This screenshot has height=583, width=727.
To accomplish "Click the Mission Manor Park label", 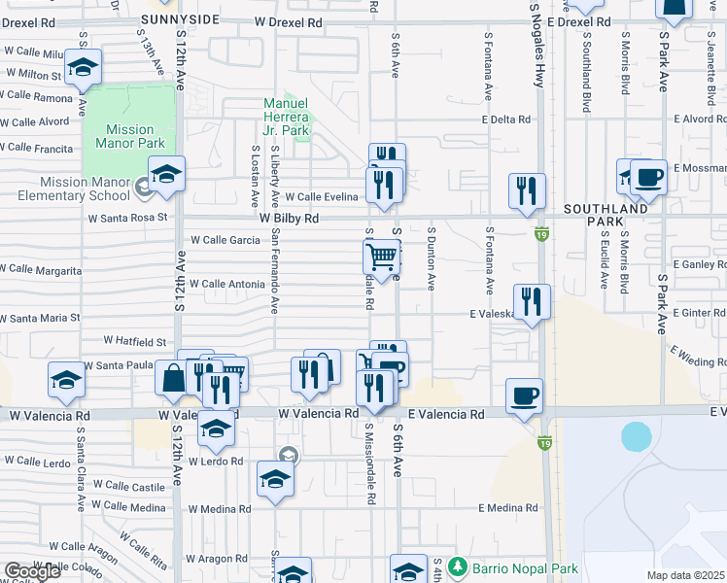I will pyautogui.click(x=130, y=136).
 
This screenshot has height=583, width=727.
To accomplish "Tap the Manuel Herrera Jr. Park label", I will pyautogui.click(x=287, y=117).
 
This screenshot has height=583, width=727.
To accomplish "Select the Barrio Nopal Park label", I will pyautogui.click(x=525, y=568).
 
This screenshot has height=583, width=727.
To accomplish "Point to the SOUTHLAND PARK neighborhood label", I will pyautogui.click(x=609, y=215).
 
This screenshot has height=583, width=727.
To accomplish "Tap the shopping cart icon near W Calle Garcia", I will pyautogui.click(x=383, y=257).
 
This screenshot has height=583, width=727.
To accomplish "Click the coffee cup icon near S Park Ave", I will pyautogui.click(x=648, y=178).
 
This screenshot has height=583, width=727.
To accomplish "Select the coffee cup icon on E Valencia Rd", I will pyautogui.click(x=524, y=395).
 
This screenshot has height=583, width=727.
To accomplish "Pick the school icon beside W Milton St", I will pyautogui.click(x=84, y=67).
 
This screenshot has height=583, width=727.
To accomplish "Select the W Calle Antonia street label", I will pyautogui.click(x=227, y=284).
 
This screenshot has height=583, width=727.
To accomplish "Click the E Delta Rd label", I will pyautogui.click(x=506, y=120).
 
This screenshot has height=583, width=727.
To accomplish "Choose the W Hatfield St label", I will pyautogui.click(x=136, y=342).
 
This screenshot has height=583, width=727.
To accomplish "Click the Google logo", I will pyautogui.click(x=32, y=571).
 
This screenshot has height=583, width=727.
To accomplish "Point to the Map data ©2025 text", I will pyautogui.click(x=686, y=575).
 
